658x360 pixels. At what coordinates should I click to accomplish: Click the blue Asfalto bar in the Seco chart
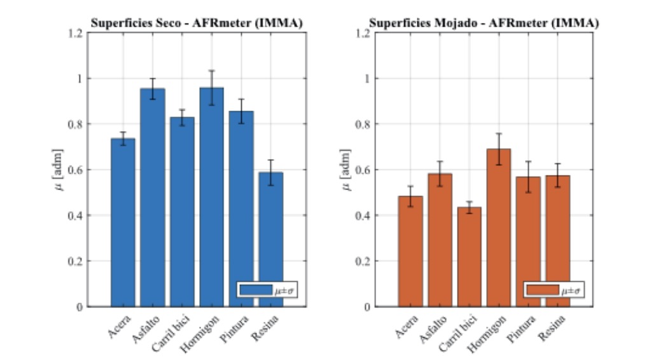[153, 197]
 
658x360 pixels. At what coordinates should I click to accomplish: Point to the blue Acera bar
[123, 222]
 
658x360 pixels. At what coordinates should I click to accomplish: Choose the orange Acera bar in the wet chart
[410, 251]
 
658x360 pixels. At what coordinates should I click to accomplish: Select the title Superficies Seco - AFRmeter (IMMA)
[196, 24]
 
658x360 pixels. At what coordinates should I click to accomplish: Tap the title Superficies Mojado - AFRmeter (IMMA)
[484, 24]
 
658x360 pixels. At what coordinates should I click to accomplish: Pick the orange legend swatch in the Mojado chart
[542, 290]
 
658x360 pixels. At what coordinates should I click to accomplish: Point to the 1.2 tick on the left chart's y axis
[76, 33]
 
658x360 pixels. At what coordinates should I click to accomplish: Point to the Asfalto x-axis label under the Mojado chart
[431, 325]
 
